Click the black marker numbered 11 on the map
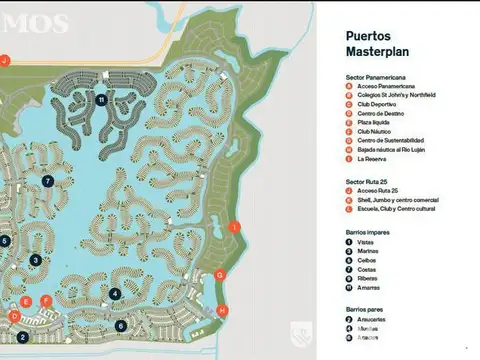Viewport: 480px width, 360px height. (102, 100)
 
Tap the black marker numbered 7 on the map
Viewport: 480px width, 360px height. (47, 181)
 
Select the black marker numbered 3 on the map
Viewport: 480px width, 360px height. (35, 260)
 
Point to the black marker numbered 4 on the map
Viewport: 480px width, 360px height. (115, 294)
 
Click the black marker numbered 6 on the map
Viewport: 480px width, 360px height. (121, 326)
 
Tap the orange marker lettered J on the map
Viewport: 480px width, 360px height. (5, 60)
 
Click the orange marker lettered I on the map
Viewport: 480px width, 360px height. (234, 228)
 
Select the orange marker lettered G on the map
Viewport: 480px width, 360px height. (220, 274)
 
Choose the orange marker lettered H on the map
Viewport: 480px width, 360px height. (222, 310)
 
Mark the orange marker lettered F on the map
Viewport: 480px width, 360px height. (46, 300)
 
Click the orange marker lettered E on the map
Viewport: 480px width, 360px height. (26, 300)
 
